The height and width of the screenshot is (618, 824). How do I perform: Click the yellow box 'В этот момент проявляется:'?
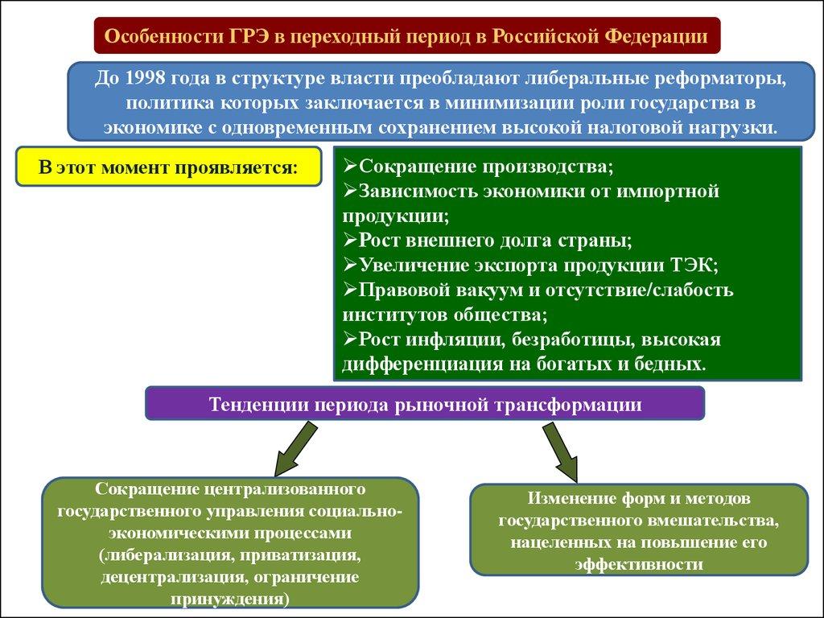(168, 167)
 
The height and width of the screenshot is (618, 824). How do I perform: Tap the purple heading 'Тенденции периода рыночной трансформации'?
(425, 404)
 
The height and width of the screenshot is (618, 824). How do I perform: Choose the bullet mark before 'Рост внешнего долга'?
(349, 241)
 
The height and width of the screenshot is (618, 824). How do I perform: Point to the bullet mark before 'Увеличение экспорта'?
(349, 265)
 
